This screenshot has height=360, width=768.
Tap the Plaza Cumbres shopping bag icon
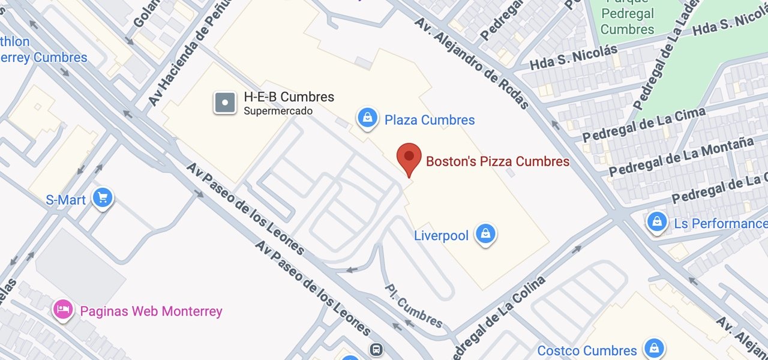tap(367, 118)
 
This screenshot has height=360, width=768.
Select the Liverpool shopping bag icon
tap(485, 234)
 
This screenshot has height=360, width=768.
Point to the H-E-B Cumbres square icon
tap(225, 103)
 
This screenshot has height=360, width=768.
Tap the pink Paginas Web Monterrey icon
tap(63, 310)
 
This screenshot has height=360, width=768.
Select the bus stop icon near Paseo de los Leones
tap(376, 349)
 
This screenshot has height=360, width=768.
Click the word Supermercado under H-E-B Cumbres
tap(278, 111)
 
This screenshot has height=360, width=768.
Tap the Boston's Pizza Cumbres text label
tap(497, 161)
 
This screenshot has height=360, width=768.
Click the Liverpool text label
tap(441, 236)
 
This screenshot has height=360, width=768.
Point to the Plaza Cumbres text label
tap(430, 120)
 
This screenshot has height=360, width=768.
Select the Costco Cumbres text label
tap(587, 350)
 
